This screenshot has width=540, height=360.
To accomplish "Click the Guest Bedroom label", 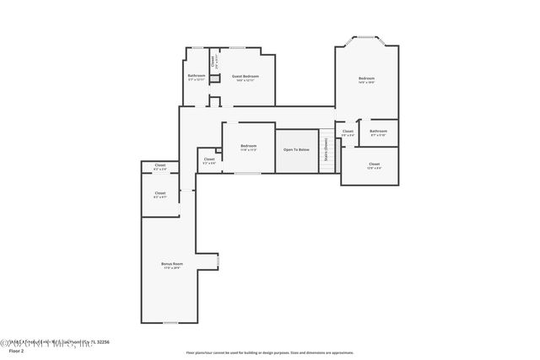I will tap(246, 76).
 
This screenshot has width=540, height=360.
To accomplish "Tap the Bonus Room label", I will tap(171, 265).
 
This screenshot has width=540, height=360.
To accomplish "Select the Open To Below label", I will tap(296, 148).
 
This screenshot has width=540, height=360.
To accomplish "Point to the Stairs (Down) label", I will tap(327, 152).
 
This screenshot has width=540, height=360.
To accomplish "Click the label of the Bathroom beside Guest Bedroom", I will tap(197, 76).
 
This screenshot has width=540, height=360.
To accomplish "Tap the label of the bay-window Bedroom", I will tap(366, 79).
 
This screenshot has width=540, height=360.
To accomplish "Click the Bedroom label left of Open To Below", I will tap(248, 147).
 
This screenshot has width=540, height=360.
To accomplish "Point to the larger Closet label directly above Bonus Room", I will tap(160, 194).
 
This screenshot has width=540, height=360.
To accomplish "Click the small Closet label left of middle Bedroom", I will tap(208, 159).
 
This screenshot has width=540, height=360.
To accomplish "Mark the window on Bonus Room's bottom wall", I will tap(170, 323).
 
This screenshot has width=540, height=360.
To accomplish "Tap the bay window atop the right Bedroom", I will tap(366, 38).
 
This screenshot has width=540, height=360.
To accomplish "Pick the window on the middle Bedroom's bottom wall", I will tap(247, 174).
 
